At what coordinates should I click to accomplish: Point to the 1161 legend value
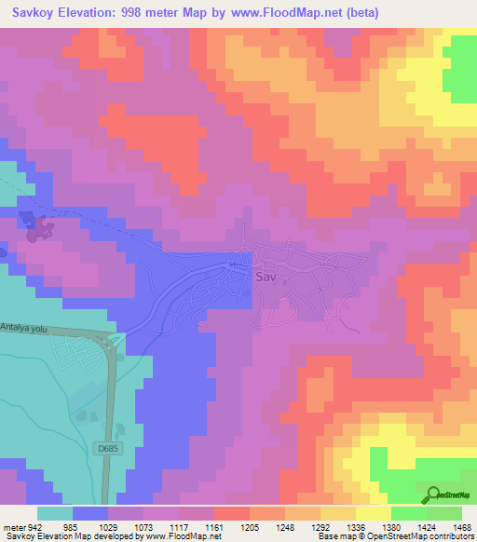click(x=214, y=527)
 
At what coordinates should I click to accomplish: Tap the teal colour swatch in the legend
click(x=55, y=513)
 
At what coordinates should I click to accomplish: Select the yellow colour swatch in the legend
click(x=374, y=513)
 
